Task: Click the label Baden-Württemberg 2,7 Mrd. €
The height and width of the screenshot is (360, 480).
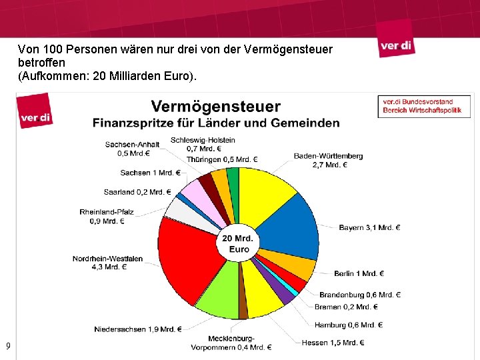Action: pos(328,160)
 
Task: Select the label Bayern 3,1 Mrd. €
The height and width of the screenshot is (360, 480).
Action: pos(369,228)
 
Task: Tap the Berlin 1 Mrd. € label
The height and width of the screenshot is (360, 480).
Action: pos(359,273)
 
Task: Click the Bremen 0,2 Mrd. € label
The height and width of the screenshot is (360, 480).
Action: pos(346,307)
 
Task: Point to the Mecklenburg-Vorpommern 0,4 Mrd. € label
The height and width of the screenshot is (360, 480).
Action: pos(231,343)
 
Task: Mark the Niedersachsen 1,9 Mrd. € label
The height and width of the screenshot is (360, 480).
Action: pos(138,329)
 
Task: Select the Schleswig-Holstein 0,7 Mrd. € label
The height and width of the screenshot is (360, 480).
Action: pos(203,144)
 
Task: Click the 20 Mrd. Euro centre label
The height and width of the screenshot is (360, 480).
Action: pos(237,243)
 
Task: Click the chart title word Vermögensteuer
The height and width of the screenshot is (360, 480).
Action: pos(216,107)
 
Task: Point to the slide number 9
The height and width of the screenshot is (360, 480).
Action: pos(8,346)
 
